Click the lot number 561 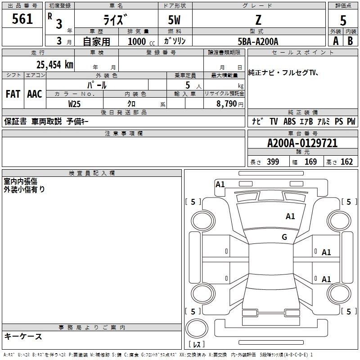click(x=22, y=18)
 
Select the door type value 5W click(x=174, y=20)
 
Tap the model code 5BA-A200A click(x=258, y=41)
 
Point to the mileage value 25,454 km click(x=55, y=65)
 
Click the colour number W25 click(x=74, y=104)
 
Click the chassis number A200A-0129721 click(x=302, y=143)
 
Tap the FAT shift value click(x=13, y=94)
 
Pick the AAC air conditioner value click(x=35, y=94)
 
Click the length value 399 click(x=273, y=162)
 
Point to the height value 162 click(x=346, y=162)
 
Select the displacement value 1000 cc click(x=141, y=41)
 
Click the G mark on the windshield click(x=284, y=237)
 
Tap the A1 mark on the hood click(x=290, y=216)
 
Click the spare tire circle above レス click(x=197, y=328)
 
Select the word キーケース click(x=23, y=336)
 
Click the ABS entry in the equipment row click(x=289, y=121)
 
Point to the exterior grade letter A click(x=336, y=41)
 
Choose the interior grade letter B click(x=350, y=41)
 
